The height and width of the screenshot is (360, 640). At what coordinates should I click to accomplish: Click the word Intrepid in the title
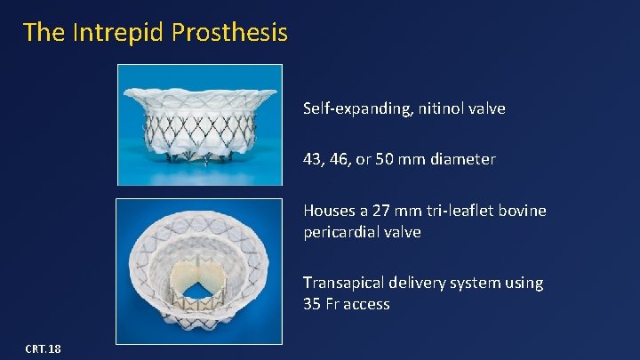click(108, 33)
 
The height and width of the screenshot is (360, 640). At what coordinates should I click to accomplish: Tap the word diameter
click(463, 160)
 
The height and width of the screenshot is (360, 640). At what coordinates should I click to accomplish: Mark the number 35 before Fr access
click(312, 304)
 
